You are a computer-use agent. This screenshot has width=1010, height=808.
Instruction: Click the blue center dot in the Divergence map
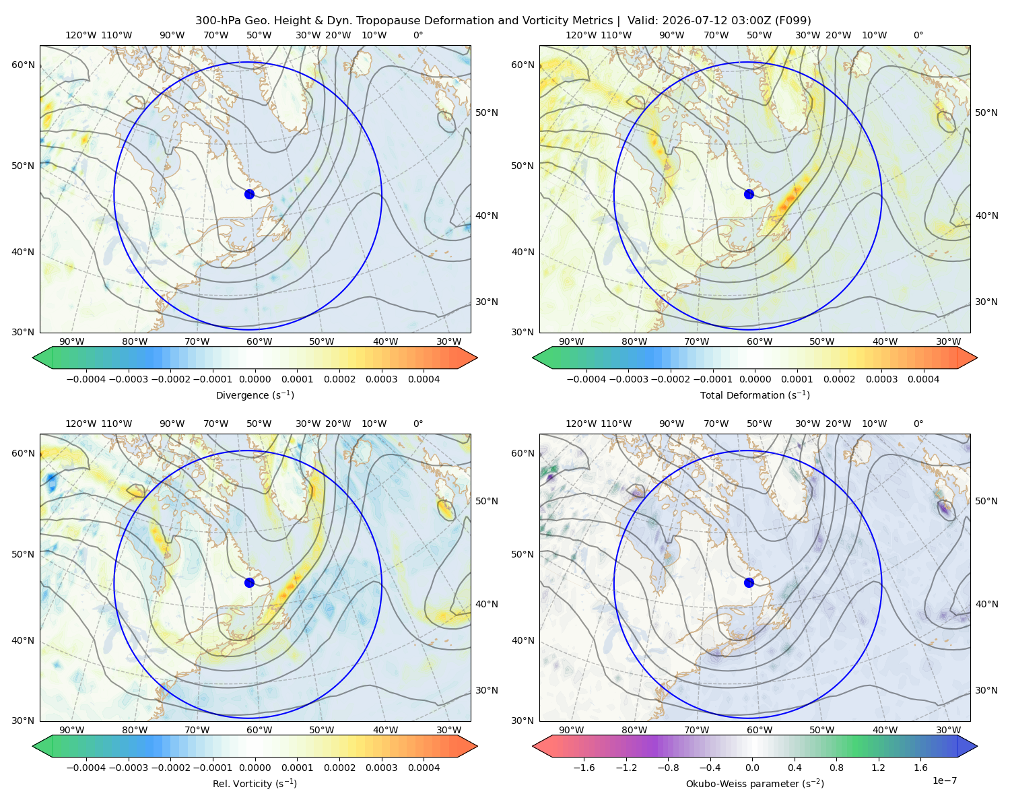tap(249, 194)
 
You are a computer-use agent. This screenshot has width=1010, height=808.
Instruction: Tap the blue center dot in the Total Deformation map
tap(749, 194)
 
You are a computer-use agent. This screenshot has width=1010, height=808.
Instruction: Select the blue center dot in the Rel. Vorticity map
tap(249, 582)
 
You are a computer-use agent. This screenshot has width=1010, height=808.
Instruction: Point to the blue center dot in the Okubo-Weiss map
tap(749, 582)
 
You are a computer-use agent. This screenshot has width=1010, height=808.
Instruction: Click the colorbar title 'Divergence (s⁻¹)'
tap(255, 395)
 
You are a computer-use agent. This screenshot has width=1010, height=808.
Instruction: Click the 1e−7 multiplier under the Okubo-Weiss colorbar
tap(944, 780)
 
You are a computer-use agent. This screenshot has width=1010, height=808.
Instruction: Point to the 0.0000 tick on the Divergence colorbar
tap(255, 379)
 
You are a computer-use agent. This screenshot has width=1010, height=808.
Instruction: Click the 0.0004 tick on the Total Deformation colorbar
tap(923, 379)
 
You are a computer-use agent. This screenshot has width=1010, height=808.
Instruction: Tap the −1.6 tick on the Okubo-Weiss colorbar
tap(584, 767)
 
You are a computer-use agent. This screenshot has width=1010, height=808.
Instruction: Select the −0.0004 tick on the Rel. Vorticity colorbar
tap(86, 767)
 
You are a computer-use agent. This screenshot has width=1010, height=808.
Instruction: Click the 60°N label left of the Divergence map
tap(23, 65)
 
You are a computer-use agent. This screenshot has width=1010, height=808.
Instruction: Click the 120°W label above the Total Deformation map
tap(580, 35)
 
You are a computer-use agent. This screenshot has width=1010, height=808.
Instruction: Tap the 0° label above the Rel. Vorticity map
tap(418, 423)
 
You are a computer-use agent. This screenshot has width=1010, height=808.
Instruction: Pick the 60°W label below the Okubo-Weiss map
tap(759, 730)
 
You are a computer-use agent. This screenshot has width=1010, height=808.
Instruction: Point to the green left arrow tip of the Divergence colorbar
tap(33, 358)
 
